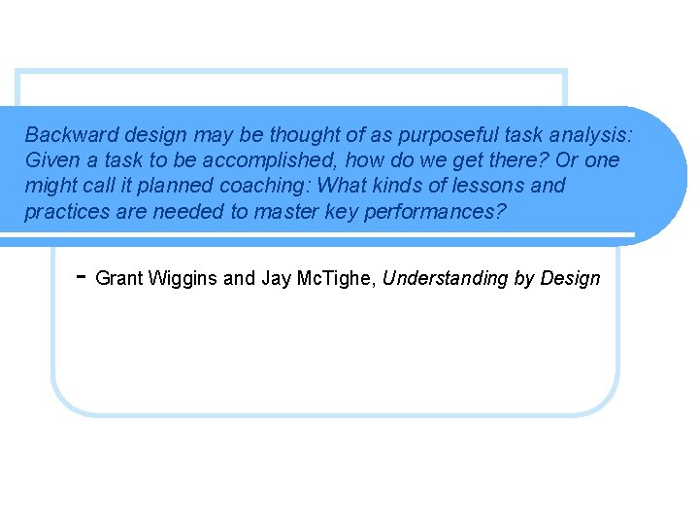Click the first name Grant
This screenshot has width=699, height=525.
(x=118, y=279)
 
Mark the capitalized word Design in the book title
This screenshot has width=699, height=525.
(x=570, y=279)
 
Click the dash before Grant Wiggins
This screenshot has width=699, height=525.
(x=83, y=276)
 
